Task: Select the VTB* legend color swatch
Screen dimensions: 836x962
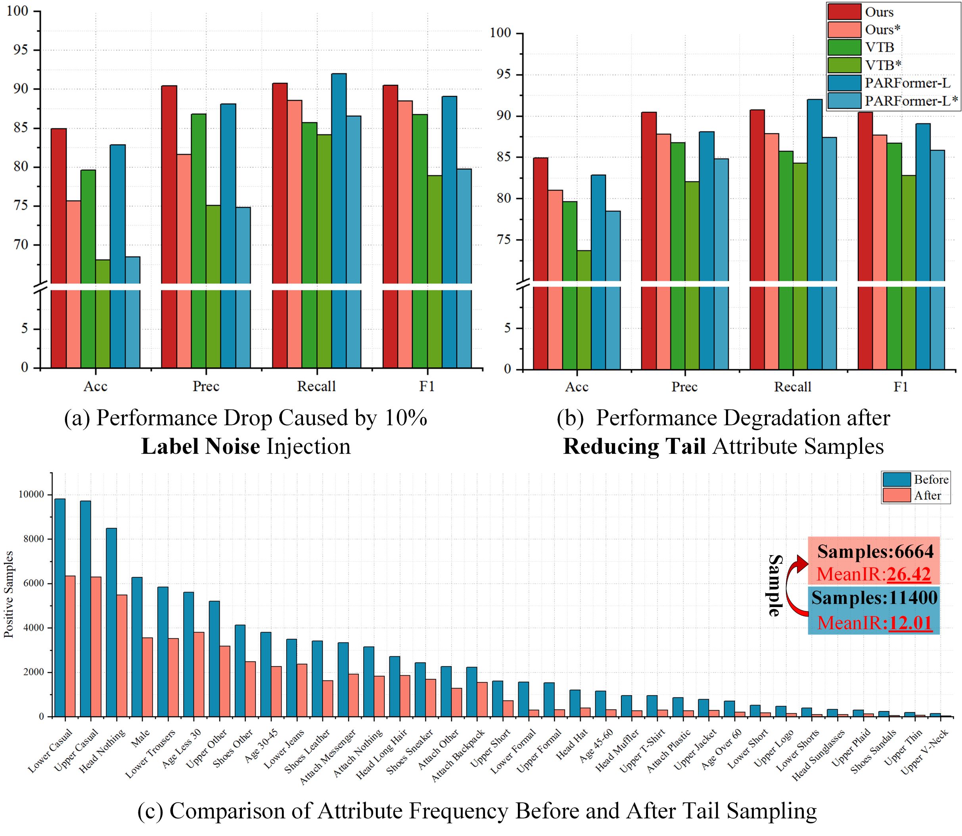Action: point(844,65)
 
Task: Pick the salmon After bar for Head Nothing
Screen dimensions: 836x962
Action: point(121,655)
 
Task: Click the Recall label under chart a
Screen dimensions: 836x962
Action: point(316,386)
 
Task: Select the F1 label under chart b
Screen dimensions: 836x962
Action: point(901,387)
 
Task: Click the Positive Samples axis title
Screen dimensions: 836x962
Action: point(8,594)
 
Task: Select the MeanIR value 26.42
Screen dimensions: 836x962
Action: point(908,574)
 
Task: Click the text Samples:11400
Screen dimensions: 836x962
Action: point(874,598)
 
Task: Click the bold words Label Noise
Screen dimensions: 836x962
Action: point(201,446)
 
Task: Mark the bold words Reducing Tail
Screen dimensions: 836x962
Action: point(634,446)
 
